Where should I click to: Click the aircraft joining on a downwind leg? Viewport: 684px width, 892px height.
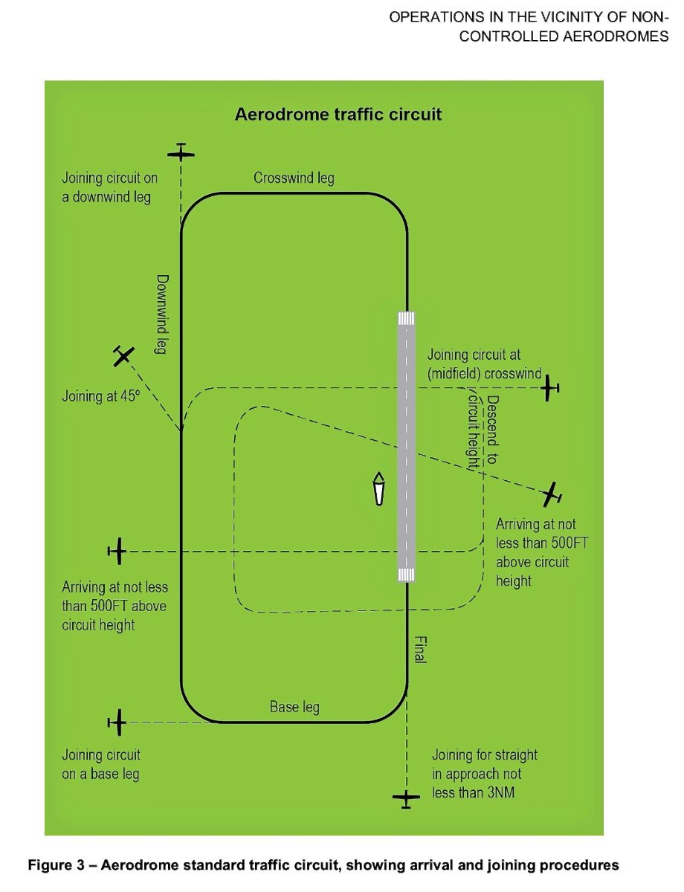[181, 152]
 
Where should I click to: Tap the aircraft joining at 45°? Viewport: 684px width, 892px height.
[123, 355]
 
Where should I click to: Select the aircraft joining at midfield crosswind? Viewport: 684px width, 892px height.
[549, 387]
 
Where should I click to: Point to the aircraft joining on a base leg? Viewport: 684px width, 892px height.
[117, 722]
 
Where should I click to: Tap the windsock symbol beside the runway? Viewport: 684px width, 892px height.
[378, 488]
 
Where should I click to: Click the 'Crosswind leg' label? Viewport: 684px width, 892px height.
[294, 178]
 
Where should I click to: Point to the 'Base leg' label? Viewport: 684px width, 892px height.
[294, 706]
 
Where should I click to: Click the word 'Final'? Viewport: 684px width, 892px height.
[419, 650]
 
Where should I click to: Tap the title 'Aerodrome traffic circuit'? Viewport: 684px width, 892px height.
[338, 114]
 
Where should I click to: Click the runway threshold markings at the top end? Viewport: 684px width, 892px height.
[406, 319]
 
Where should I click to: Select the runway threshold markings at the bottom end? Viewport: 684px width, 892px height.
[406, 575]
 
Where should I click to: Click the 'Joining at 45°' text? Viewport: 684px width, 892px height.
[101, 396]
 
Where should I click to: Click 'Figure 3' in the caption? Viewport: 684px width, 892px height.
[56, 864]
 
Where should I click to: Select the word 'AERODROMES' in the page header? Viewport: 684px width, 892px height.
[616, 36]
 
